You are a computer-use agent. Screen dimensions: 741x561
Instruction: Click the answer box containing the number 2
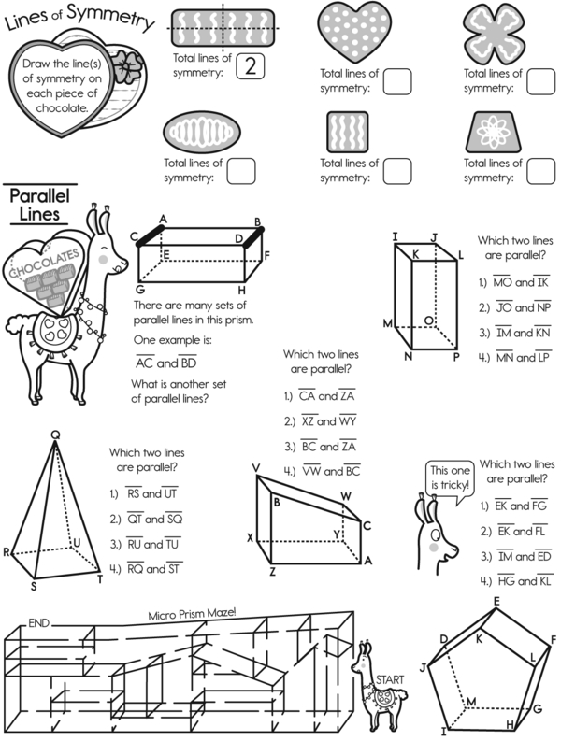pos(249,66)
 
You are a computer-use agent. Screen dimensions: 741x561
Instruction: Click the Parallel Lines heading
pos(35,206)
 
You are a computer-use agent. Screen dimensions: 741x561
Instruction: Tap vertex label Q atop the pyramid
pos(55,434)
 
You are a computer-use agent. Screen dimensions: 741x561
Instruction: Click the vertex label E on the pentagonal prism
pos(496,601)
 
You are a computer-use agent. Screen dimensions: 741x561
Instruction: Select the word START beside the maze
pos(390,678)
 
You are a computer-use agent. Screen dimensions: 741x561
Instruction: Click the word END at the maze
pos(38,622)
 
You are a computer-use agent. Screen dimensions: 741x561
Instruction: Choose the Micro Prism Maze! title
pos(194,615)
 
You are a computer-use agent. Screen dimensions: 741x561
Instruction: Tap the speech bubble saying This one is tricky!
pos(449,477)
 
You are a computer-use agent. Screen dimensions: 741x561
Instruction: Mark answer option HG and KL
pos(513,580)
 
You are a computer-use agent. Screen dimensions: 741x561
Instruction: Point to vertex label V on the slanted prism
pos(255,467)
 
